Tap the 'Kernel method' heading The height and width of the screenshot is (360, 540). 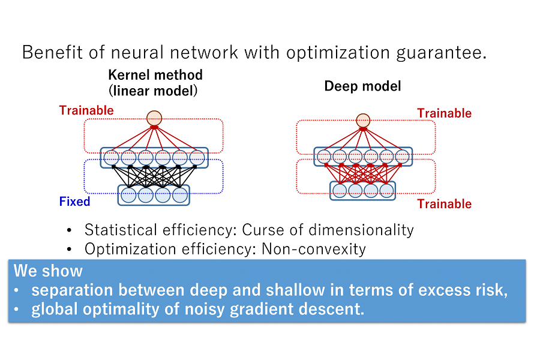(x=155, y=75)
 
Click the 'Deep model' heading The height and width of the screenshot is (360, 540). (x=362, y=86)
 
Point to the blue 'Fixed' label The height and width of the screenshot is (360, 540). (x=74, y=202)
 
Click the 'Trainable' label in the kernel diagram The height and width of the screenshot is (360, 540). (x=86, y=110)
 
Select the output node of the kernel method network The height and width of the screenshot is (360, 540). (x=155, y=118)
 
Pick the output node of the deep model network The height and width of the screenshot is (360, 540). (x=363, y=121)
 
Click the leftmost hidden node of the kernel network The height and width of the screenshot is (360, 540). (x=111, y=158)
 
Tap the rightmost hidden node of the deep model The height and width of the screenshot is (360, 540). (x=402, y=157)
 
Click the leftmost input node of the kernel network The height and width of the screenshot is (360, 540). (x=128, y=195)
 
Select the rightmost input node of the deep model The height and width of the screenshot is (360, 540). (x=386, y=191)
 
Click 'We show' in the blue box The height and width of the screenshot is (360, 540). (x=49, y=271)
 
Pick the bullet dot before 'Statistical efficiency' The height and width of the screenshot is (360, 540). (x=70, y=230)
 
